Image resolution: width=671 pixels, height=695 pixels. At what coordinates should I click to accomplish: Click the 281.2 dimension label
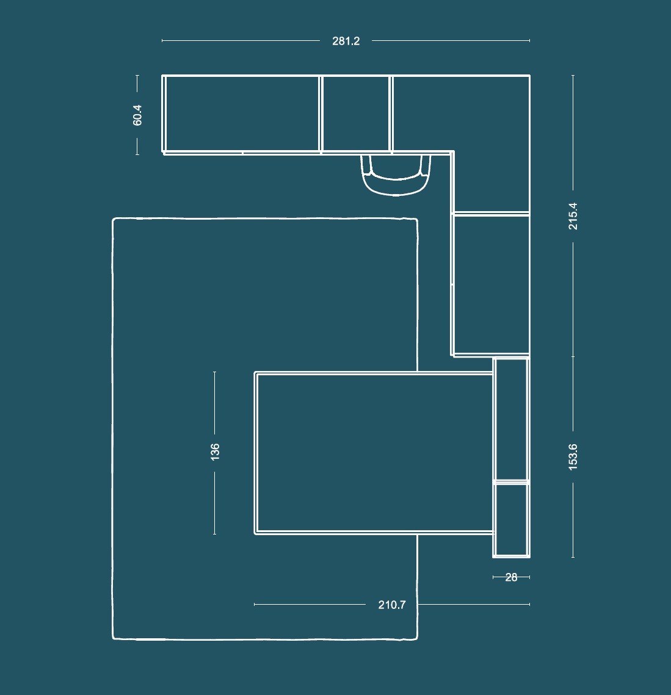pos(346,41)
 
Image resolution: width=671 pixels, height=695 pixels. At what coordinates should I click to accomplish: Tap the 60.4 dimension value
pos(137,115)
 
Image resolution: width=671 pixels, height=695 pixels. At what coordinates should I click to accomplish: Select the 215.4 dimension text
pos(573,216)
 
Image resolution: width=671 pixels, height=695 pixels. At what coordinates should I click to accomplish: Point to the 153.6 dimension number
pos(573,457)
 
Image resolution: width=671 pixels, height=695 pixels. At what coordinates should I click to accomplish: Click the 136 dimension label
pos(215,452)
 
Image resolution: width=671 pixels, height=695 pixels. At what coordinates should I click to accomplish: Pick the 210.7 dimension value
pos(392,605)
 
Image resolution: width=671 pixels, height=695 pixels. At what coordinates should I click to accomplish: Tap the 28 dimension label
pos(512,577)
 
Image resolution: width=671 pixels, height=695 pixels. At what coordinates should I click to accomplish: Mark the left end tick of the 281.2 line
pos(162,40)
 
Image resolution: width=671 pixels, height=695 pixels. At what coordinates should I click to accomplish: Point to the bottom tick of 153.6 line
pos(573,557)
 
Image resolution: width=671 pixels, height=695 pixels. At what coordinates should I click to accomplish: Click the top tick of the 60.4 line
pos(137,76)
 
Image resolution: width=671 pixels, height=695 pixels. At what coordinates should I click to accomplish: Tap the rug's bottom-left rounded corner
pos(114,638)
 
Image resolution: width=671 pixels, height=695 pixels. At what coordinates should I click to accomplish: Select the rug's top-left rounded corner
pos(114,220)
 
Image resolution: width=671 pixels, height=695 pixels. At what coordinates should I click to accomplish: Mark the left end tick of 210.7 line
pos(255,604)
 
